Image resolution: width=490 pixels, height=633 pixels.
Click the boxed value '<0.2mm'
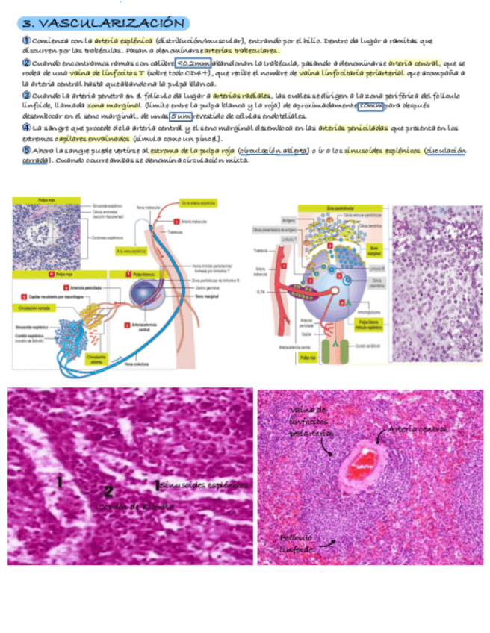[x=192, y=63]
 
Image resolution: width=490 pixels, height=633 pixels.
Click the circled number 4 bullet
[x=25, y=128]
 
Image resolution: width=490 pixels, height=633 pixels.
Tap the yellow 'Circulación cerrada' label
[x=33, y=307]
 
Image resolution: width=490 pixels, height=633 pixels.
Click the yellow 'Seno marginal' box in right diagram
[x=375, y=249]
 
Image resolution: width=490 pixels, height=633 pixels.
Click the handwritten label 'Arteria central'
[x=417, y=430]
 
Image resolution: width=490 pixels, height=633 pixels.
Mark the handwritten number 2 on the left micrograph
[x=108, y=490]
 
